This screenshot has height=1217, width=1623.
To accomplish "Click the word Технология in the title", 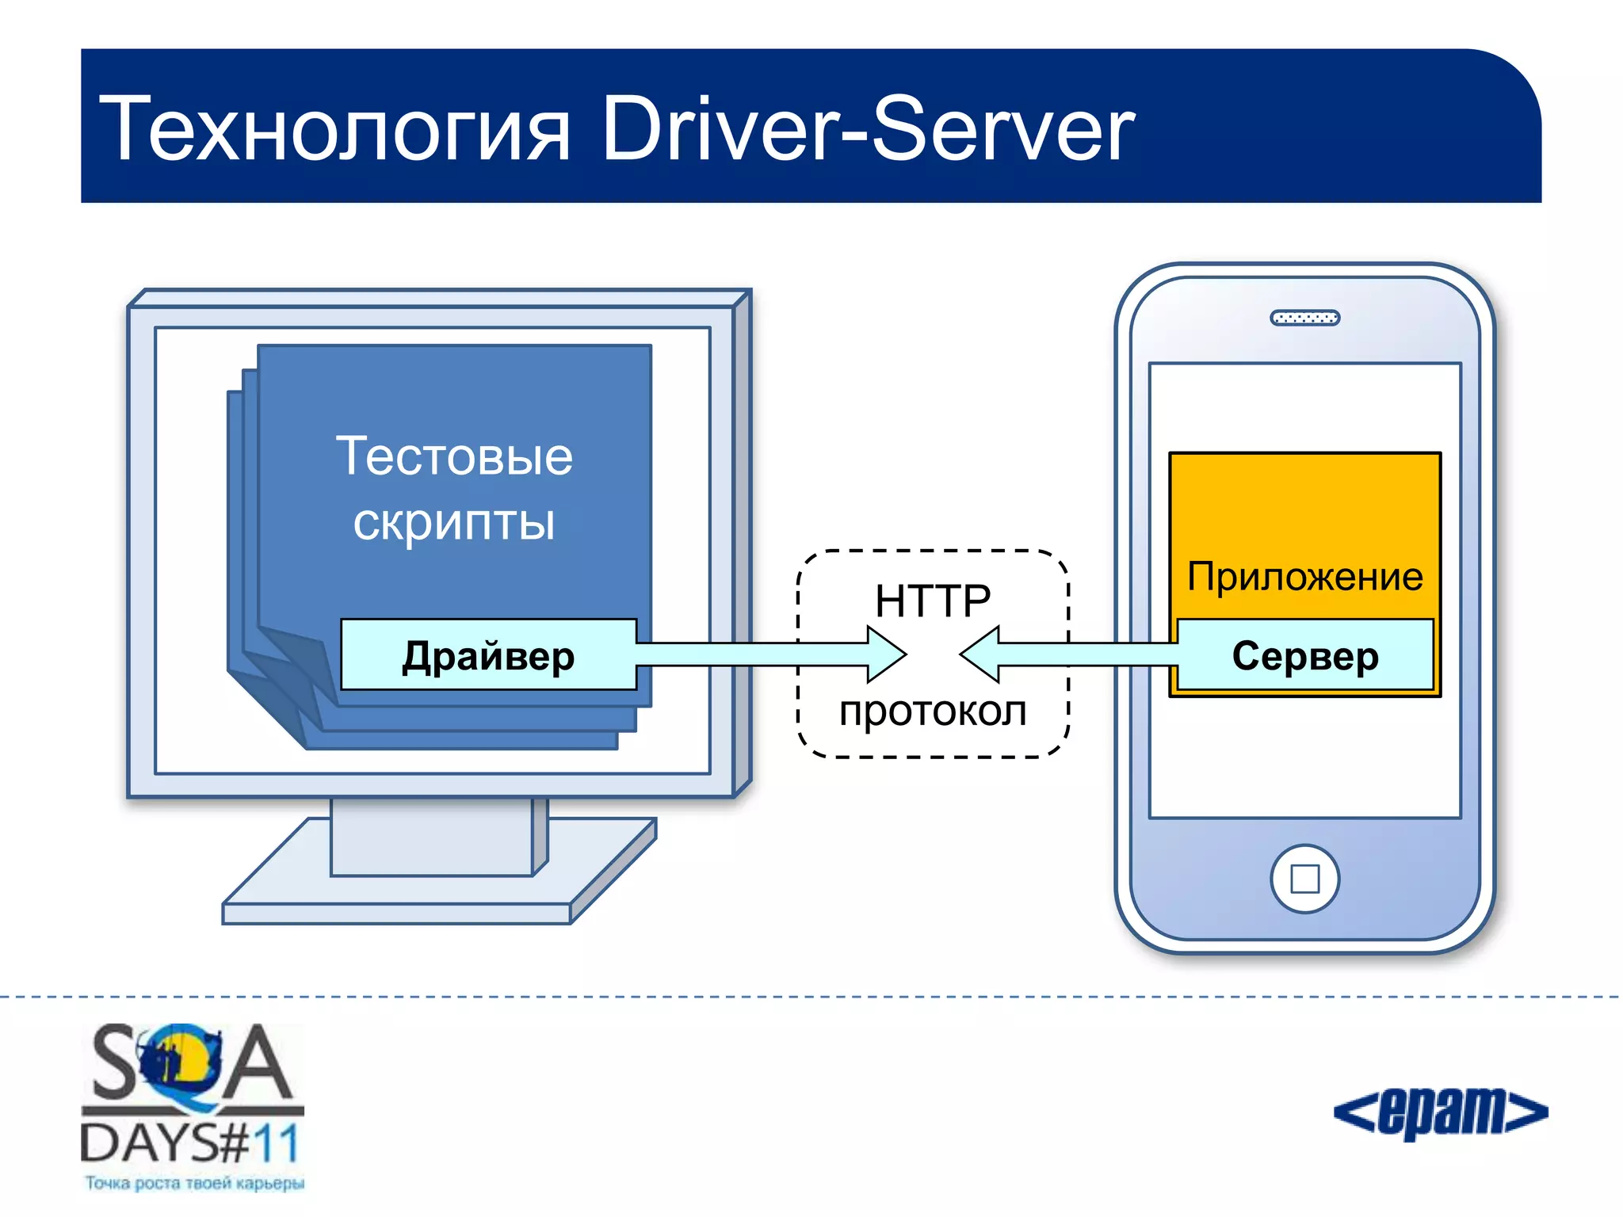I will (334, 129).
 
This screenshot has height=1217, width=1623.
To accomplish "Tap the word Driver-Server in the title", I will (868, 129).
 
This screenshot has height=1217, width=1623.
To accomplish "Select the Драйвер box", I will (488, 655).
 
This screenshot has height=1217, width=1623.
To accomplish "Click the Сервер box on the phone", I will (1305, 655).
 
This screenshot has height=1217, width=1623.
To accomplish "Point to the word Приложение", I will (1304, 576).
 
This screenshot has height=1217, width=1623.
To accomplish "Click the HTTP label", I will (933, 600).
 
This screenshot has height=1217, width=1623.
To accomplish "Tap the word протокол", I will (933, 711).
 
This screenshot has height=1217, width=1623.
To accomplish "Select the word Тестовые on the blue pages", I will (454, 456).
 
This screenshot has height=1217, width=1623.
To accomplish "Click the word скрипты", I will (454, 522).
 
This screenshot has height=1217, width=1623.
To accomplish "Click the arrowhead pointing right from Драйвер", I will (884, 654).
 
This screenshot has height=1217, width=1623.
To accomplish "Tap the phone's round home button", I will (1304, 879).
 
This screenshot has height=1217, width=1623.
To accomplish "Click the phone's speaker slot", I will (1304, 318).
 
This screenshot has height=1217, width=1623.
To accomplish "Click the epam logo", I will (1441, 1112).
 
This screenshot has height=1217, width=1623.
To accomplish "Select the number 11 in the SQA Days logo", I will (276, 1143).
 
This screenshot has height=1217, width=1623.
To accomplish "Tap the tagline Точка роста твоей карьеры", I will (194, 1183).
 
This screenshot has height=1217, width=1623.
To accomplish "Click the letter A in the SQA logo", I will (255, 1063).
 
